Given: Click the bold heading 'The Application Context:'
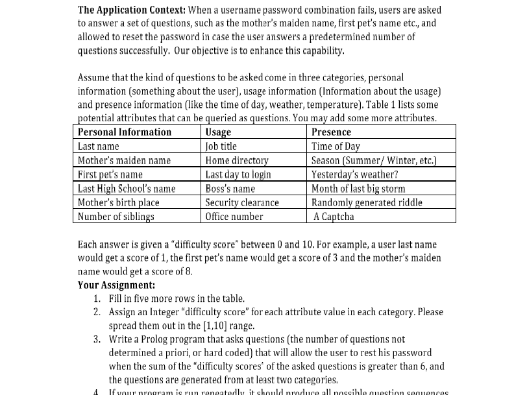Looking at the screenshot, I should click(x=132, y=10).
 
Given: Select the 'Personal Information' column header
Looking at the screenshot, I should click(x=125, y=132).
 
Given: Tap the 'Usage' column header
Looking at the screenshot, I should click(x=218, y=132).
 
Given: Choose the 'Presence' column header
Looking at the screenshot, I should click(x=331, y=132).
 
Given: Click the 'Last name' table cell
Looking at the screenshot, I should click(x=99, y=147).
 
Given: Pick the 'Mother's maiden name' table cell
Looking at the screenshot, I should click(x=124, y=160).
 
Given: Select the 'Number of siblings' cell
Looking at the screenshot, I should click(x=116, y=217).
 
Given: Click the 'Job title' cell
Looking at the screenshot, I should click(x=221, y=147).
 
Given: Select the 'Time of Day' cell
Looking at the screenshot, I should click(x=336, y=147).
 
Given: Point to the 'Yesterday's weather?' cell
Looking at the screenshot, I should click(x=354, y=174).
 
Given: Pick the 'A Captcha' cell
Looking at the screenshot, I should click(x=334, y=217).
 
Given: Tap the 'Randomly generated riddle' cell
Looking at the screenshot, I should click(x=367, y=202).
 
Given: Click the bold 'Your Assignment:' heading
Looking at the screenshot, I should click(x=116, y=285).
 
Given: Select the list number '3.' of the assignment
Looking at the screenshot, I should click(x=97, y=339).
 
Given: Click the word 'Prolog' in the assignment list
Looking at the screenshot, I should click(x=153, y=339).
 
